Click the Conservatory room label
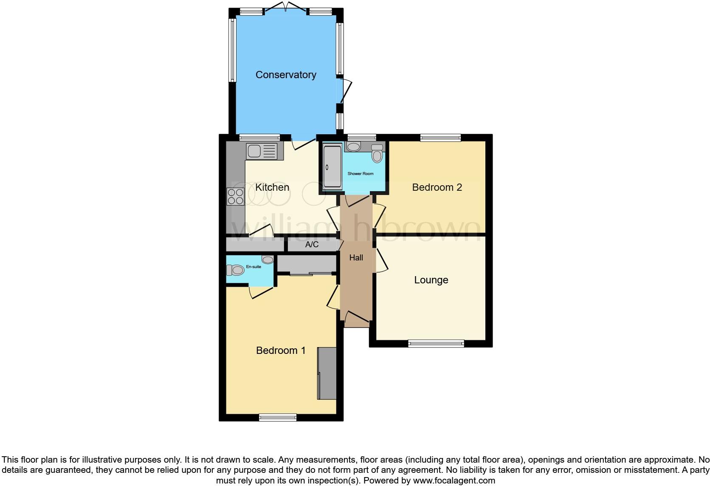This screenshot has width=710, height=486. tap(286, 75)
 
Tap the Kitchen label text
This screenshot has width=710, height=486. tap(272, 187)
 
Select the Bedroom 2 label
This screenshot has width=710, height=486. tap(437, 187)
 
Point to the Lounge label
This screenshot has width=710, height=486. tap(431, 280)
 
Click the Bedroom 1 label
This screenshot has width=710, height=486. tap(281, 350)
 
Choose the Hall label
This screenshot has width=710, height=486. tap(356, 257)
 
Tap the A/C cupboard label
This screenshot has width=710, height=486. tap(312, 245)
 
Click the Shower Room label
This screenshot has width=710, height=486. tap(361, 174)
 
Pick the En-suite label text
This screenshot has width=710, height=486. tap(254, 267)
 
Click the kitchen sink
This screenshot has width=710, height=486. tap(254, 151)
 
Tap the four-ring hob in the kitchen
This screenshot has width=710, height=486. tap(235, 196)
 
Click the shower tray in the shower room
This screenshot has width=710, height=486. tap(332, 167)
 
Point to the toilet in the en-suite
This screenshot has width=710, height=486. tap(235, 270)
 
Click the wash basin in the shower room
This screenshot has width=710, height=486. tap(353, 147)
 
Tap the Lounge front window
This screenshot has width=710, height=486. tap(436, 344)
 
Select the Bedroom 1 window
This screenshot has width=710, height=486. tap(278, 418)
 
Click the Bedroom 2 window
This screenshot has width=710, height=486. tap(440, 137)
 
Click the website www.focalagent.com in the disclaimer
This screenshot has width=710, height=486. tap(454, 480)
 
